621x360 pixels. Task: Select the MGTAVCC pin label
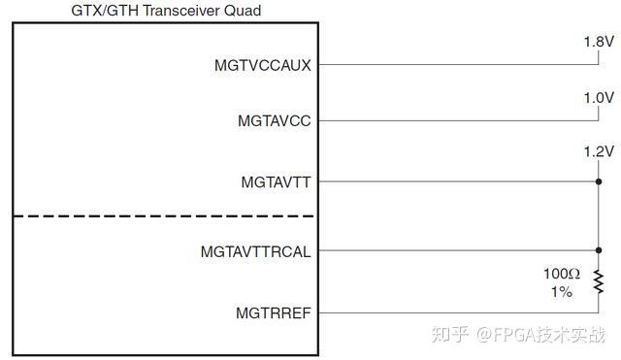(275, 121)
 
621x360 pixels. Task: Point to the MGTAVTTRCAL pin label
(256, 251)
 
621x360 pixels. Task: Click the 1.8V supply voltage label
(599, 42)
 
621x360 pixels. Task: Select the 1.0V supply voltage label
(599, 98)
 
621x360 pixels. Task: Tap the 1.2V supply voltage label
(599, 152)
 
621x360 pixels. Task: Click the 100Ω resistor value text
(560, 273)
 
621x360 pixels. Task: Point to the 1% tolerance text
(561, 291)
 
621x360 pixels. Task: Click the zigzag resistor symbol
(599, 281)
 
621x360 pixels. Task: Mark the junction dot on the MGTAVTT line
(599, 181)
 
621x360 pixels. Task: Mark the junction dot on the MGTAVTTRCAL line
(599, 250)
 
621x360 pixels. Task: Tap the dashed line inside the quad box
(165, 215)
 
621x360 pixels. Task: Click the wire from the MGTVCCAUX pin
(456, 65)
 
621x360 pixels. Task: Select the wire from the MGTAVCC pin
(456, 121)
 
